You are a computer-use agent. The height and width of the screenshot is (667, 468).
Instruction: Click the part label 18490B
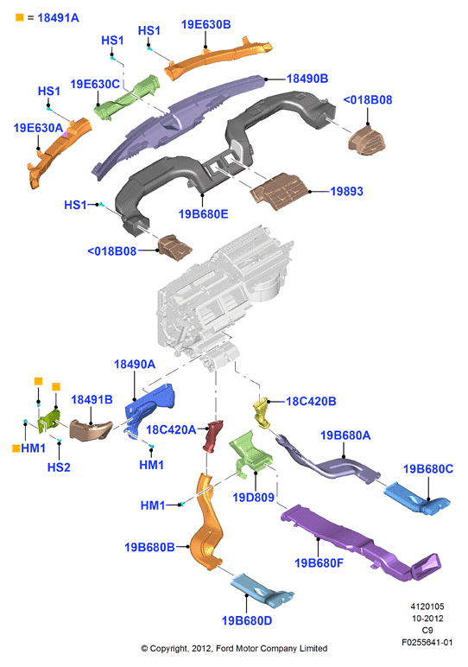(x=307, y=79)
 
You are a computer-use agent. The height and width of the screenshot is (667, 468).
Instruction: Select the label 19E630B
(x=206, y=25)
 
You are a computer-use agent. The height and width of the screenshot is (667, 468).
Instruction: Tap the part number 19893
(x=347, y=192)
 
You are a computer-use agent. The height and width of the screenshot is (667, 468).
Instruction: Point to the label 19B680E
(x=203, y=213)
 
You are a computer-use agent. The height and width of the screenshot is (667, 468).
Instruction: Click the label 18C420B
(x=311, y=401)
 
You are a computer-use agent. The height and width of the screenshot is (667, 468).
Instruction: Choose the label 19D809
(x=253, y=497)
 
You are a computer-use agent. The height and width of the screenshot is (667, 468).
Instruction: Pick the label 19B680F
(x=319, y=562)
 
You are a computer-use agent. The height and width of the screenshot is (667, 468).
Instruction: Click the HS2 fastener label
(x=59, y=467)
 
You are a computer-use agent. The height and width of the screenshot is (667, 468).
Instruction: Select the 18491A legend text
(x=58, y=18)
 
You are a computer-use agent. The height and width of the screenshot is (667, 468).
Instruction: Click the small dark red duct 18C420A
(x=213, y=436)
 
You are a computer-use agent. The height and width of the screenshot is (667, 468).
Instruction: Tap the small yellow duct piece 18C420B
(x=262, y=413)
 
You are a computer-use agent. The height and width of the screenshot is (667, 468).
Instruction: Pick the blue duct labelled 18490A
(x=149, y=410)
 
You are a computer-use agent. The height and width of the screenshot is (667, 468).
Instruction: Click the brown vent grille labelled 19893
(x=279, y=191)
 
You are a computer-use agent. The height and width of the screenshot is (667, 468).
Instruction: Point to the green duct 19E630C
(x=126, y=98)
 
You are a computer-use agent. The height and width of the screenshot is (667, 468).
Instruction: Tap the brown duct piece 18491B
(x=91, y=430)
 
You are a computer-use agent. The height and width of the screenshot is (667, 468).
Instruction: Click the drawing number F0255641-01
(x=427, y=642)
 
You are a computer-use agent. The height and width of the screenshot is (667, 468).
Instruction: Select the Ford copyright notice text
(x=234, y=648)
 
